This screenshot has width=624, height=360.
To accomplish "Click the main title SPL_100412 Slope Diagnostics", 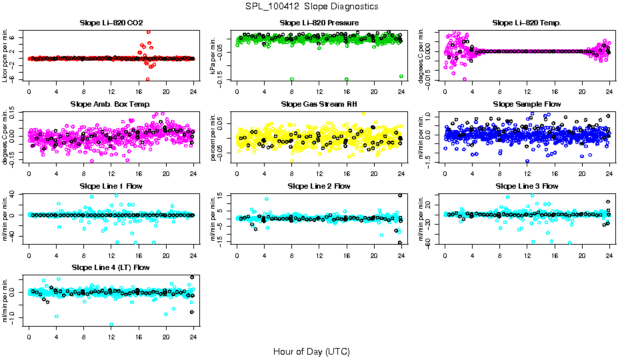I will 311,6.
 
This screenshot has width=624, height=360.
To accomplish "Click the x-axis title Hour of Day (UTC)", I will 311,351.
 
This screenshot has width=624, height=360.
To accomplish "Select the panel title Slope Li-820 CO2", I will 111,23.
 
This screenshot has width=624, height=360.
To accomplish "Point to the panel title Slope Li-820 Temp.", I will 527,23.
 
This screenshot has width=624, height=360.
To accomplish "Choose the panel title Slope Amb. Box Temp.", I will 111,105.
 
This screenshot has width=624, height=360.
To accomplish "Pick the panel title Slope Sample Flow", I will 527,105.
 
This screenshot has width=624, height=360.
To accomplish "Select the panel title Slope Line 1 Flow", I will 111,186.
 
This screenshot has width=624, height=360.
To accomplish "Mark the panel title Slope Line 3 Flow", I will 527,186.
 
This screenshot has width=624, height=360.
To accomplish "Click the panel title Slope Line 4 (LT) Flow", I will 111,267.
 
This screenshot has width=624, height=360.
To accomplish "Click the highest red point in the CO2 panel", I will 148,31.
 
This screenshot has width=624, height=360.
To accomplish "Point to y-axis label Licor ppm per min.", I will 5,55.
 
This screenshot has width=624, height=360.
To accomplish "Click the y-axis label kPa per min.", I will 213,55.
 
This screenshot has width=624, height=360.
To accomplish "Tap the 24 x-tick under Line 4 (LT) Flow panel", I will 193,337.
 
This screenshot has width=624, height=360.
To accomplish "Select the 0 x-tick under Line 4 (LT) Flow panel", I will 29,337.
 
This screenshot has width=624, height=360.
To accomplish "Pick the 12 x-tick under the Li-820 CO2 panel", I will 111,92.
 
